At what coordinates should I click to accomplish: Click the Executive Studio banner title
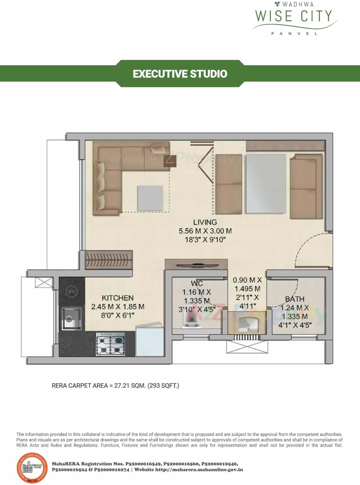[180, 74]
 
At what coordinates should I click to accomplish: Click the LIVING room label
[205, 222]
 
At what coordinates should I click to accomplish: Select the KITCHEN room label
[118, 298]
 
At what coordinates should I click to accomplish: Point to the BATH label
[294, 299]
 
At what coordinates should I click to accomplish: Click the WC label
[197, 283]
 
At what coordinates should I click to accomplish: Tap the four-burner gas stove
[110, 345]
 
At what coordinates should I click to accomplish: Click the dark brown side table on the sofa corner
[170, 161]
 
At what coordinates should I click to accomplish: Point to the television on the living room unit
[196, 265]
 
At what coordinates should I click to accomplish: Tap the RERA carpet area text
[115, 385]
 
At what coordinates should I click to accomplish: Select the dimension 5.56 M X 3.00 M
[205, 231]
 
